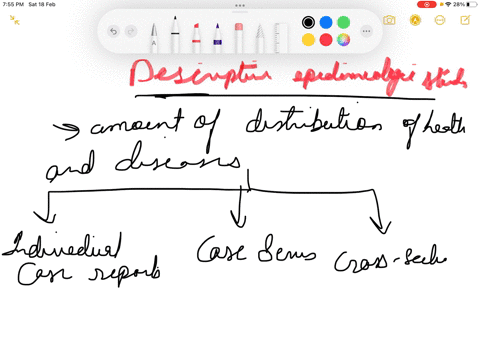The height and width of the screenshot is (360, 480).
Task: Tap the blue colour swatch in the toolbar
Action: click(325, 22)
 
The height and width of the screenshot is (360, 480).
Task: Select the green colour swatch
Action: click(343, 22)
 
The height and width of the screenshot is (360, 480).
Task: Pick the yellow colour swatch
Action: click(308, 40)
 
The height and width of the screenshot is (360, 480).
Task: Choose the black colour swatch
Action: click(308, 22)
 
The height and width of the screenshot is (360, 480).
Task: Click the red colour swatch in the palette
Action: click(325, 40)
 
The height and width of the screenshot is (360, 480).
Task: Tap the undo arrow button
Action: click(114, 31)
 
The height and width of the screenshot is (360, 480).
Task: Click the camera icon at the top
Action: click(389, 20)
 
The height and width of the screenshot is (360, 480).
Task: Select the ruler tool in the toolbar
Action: click(259, 36)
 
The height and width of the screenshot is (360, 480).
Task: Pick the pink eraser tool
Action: click(238, 36)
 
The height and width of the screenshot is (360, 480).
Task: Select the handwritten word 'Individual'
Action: click(66, 245)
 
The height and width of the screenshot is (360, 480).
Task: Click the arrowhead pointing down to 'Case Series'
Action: click(238, 221)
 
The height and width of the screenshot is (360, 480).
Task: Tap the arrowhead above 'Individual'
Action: click(42, 217)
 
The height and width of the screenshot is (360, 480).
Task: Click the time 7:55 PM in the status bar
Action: click(14, 4)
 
